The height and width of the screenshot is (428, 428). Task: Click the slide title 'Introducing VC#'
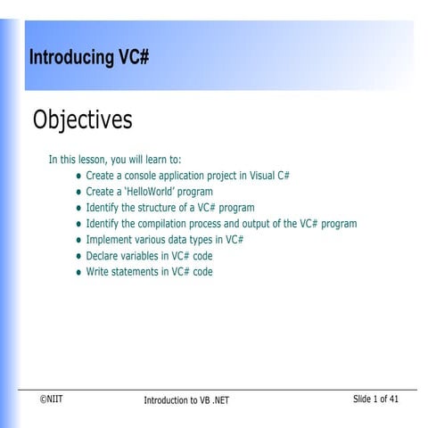click(x=88, y=58)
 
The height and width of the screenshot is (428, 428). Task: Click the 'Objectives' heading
click(x=82, y=119)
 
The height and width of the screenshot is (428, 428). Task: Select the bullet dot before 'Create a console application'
click(x=78, y=177)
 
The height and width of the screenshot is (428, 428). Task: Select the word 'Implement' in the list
click(x=109, y=240)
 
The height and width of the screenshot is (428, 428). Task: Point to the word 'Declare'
click(x=103, y=256)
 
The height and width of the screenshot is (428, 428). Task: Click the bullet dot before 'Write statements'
click(x=78, y=273)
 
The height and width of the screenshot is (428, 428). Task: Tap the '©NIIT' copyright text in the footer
click(x=51, y=399)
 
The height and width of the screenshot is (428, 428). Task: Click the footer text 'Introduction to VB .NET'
click(x=186, y=400)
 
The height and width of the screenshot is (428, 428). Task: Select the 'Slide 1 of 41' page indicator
click(x=375, y=399)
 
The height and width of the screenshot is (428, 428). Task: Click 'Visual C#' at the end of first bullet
click(x=270, y=176)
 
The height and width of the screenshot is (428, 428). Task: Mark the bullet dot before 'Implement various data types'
click(x=78, y=241)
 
